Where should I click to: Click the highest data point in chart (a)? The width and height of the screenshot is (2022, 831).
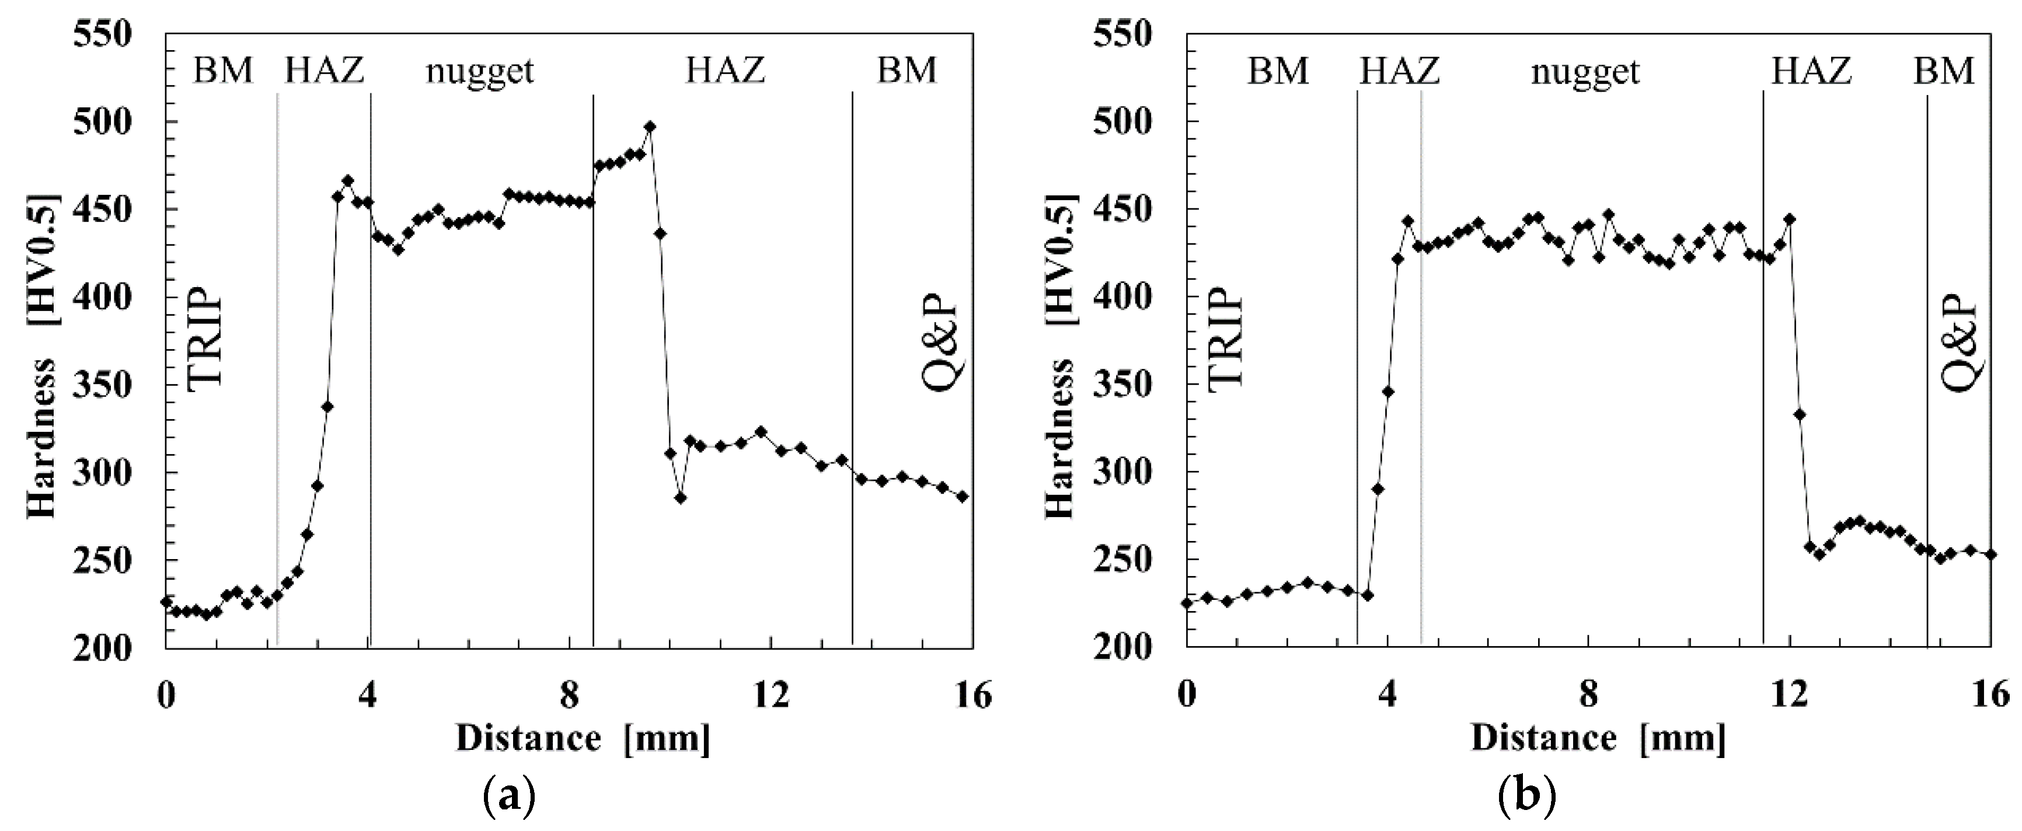pos(649,126)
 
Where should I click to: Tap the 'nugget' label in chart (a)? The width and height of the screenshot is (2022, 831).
pos(480,71)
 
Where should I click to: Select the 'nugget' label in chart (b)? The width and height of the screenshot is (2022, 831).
pos(1585,71)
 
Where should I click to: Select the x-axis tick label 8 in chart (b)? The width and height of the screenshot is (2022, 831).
pos(1589,695)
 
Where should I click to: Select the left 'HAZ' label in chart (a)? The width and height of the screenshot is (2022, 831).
pos(324,71)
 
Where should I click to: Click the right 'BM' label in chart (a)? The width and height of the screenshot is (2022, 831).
pos(907,71)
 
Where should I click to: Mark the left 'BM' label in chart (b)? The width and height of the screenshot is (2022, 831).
pos(1278,71)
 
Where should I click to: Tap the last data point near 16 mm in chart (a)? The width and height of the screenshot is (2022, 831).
pos(963,497)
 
